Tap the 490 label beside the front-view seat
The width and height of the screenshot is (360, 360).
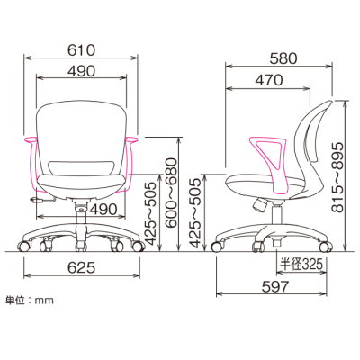tap(104, 209)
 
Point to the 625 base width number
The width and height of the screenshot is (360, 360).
tap(81, 267)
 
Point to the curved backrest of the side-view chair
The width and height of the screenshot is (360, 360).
tap(310, 144)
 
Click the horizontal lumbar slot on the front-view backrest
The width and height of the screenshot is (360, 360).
tap(81, 165)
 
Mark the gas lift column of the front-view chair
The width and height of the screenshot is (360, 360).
tap(82, 211)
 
